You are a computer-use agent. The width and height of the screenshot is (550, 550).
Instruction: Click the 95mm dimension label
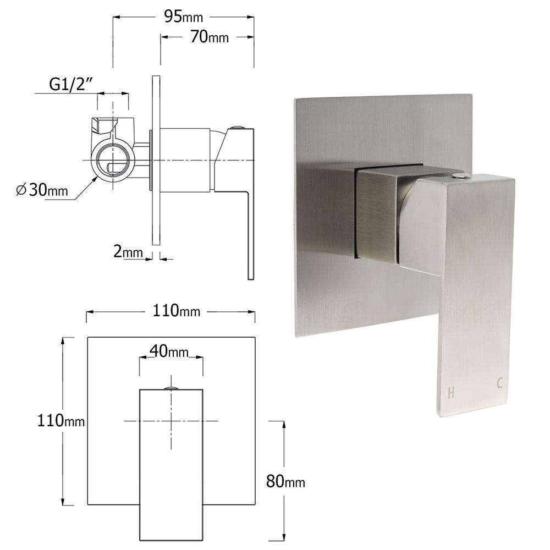click(x=183, y=17)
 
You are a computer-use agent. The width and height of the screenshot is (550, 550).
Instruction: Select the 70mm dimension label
click(x=209, y=37)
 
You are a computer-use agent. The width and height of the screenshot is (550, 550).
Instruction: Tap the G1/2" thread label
click(x=70, y=84)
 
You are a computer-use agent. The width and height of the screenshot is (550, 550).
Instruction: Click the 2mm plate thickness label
click(x=128, y=252)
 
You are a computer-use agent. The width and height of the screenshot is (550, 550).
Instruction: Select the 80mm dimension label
click(x=285, y=482)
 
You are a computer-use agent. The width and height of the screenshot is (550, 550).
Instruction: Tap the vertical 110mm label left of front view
click(x=61, y=421)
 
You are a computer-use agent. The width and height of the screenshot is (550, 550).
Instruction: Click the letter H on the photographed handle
click(x=451, y=393)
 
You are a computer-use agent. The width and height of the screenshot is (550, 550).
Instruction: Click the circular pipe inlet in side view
click(x=113, y=160)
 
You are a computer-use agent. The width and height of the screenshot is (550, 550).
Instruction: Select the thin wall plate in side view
click(x=156, y=159)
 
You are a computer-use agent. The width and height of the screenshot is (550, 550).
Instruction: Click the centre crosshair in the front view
click(x=171, y=421)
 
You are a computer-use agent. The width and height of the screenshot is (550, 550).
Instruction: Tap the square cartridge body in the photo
click(x=377, y=215)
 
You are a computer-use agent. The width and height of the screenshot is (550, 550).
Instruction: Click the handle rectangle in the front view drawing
click(x=171, y=468)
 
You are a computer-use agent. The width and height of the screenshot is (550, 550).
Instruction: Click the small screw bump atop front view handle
click(x=171, y=388)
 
